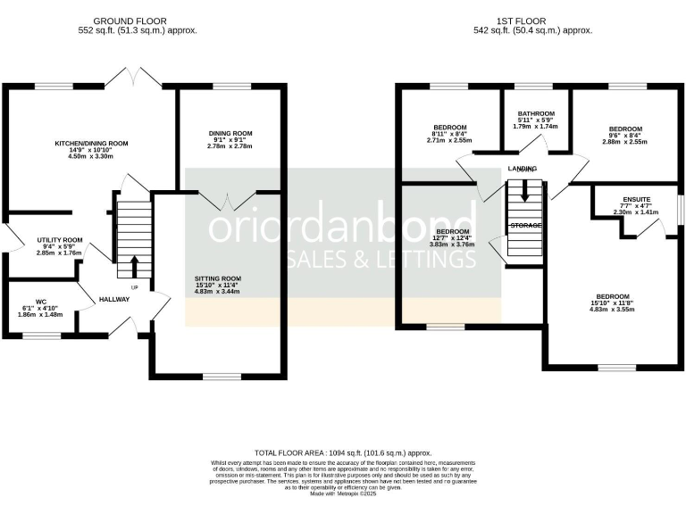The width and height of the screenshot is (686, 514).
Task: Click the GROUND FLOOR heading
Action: pos(137,21)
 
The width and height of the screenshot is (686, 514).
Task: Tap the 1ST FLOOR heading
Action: pos(534,21)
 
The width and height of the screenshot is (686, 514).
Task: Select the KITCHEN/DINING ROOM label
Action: pos(91,143)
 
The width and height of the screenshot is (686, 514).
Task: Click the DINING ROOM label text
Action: pos(230,134)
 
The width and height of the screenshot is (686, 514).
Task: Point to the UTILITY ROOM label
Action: pos(59,240)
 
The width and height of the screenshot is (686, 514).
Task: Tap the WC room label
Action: pos(40,302)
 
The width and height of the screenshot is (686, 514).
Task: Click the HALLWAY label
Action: pos(114,299)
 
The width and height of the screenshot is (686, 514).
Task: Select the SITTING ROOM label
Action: pos(218,278)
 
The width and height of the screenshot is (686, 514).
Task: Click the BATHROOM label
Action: pos(537,114)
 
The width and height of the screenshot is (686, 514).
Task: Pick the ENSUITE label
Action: pos(636,199)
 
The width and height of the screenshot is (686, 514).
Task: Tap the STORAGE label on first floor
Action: pos(525,226)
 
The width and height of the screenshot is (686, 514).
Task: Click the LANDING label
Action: pos(523,168)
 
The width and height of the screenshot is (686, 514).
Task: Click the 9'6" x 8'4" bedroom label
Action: pos(623,128)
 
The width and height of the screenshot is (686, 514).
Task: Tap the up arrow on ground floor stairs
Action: pos(134,265)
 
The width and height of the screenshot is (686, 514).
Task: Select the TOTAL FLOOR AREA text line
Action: pos(342,452)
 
